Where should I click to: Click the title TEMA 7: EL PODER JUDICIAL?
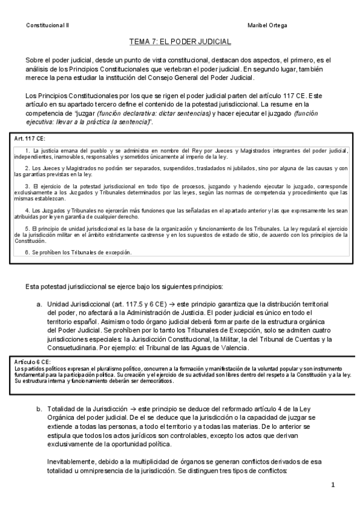[180, 41]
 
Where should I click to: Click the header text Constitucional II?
[47, 25]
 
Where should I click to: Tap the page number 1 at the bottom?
[332, 485]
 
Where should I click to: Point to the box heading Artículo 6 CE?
[31, 363]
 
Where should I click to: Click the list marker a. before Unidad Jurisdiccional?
[40, 304]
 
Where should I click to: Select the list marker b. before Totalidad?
[40, 408]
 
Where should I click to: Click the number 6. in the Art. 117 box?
[28, 253]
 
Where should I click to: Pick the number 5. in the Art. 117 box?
[28, 229]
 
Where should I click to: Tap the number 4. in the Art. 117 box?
[28, 210]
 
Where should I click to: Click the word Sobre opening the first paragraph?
[36, 60]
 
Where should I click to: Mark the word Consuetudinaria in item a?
[75, 348]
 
